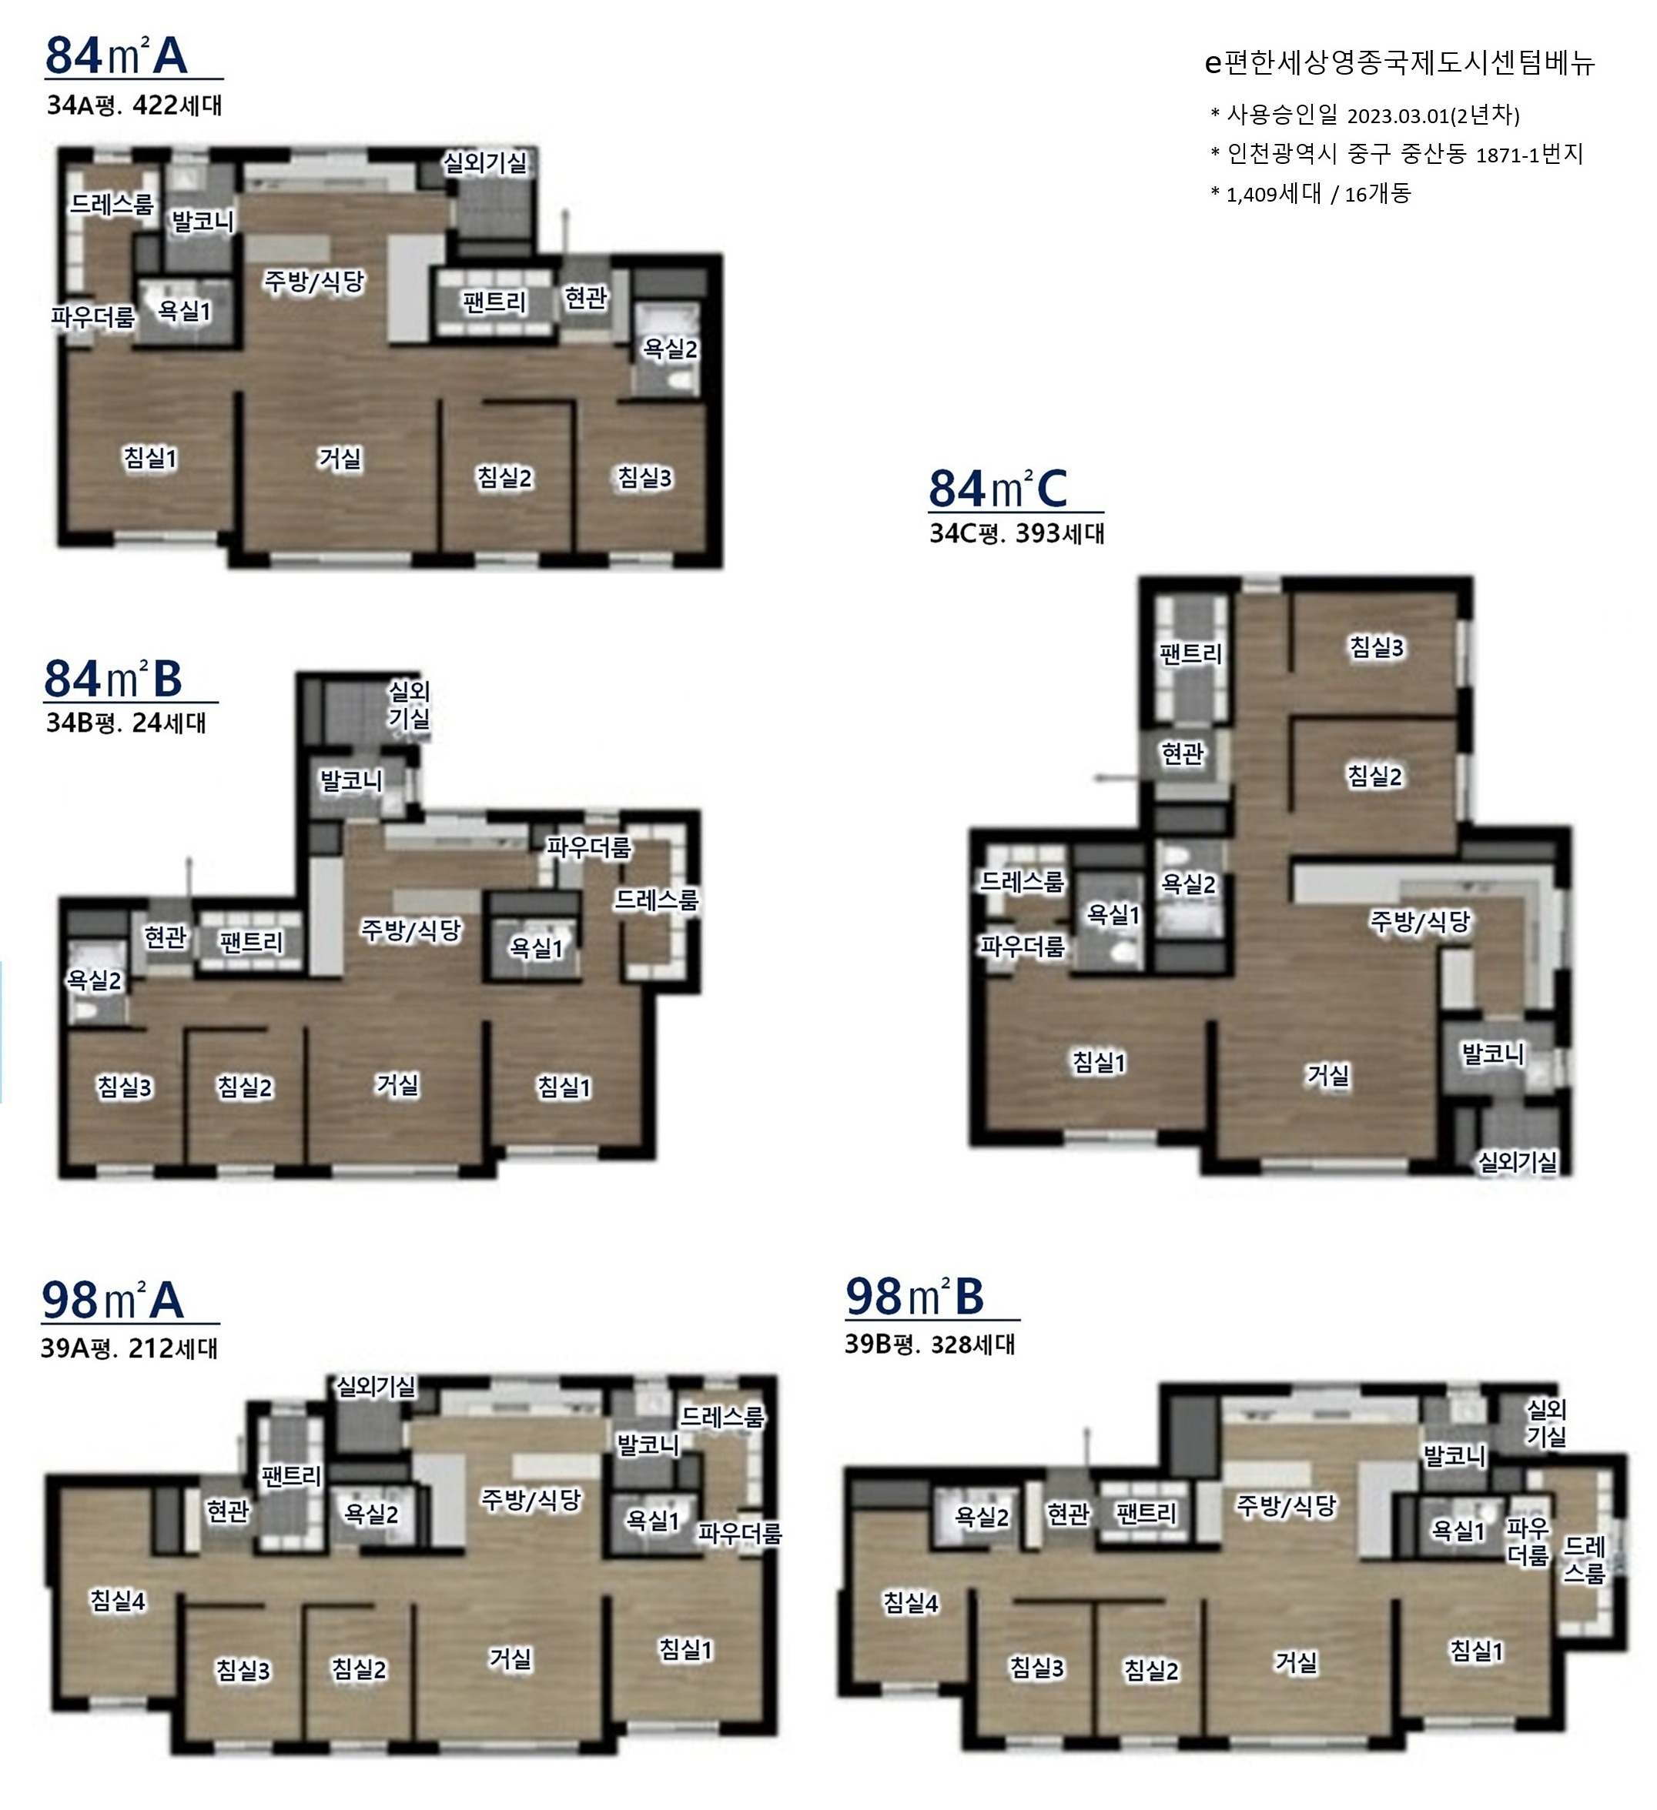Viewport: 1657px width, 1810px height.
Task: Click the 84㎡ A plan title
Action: pos(117,55)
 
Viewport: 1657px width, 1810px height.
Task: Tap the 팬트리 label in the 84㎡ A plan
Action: pos(494,302)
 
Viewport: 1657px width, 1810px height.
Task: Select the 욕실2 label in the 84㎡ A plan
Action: pos(670,349)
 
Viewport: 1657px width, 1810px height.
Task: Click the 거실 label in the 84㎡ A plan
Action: pos(340,459)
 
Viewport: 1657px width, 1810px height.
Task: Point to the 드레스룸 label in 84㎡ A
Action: pos(112,205)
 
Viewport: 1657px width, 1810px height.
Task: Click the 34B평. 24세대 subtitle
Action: pos(126,723)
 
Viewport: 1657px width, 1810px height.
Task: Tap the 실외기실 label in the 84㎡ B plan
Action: pos(410,705)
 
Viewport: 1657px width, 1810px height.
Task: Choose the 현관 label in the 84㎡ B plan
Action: pos(166,937)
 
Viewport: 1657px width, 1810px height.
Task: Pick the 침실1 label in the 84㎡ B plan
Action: pos(564,1087)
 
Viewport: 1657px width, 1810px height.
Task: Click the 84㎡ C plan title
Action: pos(999,489)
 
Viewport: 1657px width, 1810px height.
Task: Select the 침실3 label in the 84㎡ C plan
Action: pos(1377,646)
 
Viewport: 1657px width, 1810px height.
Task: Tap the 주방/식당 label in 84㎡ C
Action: pos(1420,920)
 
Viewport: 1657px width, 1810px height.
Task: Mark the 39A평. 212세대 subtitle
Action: pos(129,1348)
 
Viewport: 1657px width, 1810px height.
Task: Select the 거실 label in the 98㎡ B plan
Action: pos(1297,1662)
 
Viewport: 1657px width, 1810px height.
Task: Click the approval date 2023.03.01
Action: pos(1398,115)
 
